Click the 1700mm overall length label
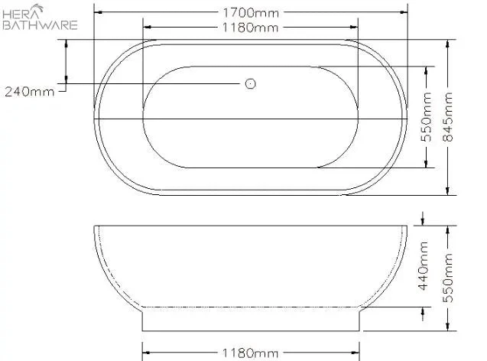[250, 12]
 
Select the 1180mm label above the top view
[250, 28]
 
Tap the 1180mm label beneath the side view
[250, 353]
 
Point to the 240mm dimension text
[30, 92]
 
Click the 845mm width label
[449, 117]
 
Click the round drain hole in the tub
[250, 83]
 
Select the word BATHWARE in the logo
[40, 24]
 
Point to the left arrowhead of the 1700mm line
[98, 12]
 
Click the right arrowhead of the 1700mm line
[404, 12]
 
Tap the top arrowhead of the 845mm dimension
[449, 44]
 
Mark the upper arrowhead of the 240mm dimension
[67, 44]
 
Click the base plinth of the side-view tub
[250, 321]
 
